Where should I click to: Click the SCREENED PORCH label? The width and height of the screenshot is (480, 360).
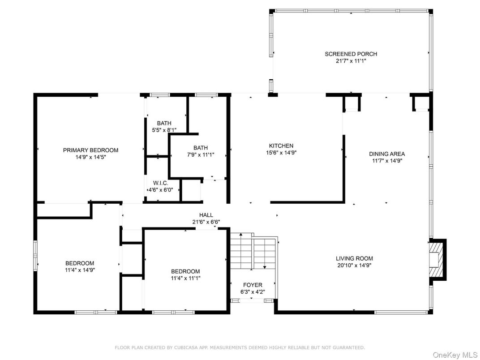pos(351,54)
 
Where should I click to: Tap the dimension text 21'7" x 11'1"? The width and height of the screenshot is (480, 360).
pos(351,61)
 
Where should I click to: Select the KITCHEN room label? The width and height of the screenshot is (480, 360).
pos(281,146)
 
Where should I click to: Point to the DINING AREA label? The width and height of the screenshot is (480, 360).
pos(387,154)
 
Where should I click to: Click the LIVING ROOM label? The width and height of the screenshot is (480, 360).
pos(354,258)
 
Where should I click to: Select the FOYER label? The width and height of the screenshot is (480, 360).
pos(253,285)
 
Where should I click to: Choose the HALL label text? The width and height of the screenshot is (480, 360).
pos(206,215)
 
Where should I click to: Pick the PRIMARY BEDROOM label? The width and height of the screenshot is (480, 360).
pos(90,150)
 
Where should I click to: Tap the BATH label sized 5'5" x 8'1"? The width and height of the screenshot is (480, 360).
pos(164,123)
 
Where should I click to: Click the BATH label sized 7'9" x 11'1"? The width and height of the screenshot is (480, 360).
pos(200,148)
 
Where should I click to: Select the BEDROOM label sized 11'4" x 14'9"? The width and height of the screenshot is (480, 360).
pos(80,263)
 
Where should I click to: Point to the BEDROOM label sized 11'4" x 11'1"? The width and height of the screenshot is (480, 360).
pos(185,271)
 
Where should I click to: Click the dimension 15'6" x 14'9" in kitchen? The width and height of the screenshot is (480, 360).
pos(281,153)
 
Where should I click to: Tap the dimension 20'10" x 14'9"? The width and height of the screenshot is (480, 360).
pos(354,266)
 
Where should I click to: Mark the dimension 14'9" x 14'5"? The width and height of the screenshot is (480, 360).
pos(90,157)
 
